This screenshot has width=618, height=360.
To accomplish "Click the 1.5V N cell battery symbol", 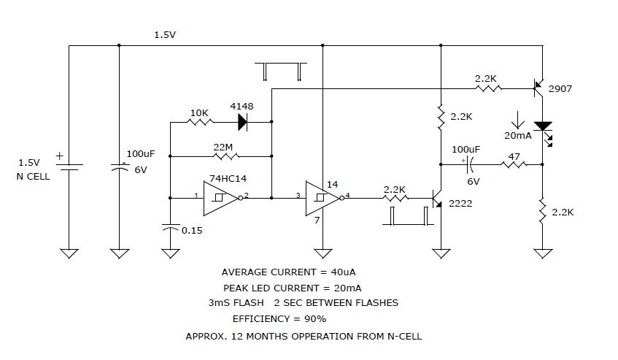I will [69, 166].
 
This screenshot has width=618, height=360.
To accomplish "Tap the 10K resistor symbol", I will [199, 122].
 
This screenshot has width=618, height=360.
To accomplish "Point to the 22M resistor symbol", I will [223, 156].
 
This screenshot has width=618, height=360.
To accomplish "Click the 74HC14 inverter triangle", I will [220, 197].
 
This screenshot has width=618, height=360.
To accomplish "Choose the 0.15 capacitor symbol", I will [170, 228].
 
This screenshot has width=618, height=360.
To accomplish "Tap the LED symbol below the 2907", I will [543, 129].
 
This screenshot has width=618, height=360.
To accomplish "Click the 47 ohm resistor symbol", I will [514, 165].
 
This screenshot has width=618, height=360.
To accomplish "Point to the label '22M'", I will [223, 147].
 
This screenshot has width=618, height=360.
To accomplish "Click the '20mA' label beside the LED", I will [517, 136].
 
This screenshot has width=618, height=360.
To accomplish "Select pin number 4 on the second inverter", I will [348, 194].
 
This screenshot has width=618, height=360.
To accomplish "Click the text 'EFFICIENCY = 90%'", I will [279, 318].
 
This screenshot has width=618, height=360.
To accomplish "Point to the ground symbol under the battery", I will [69, 253].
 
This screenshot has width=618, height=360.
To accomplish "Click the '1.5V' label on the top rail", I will [165, 34].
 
